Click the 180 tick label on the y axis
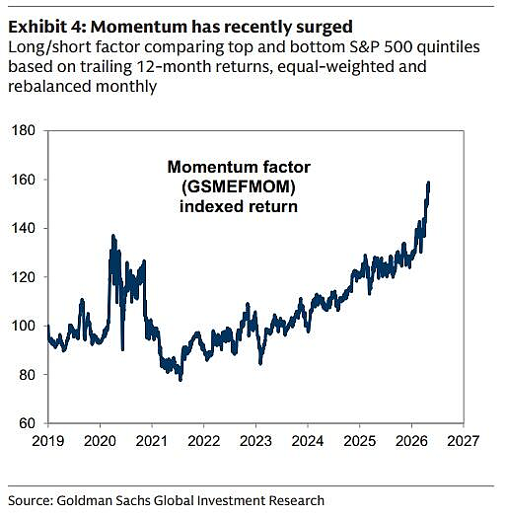tap(23, 130)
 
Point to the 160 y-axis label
tap(23, 180)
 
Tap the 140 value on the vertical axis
tap(23, 228)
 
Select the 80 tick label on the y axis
tap(27, 375)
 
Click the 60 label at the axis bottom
tap(27, 423)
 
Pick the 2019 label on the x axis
tap(48, 441)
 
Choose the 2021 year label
tap(152, 441)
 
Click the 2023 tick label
tap(255, 441)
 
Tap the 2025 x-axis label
tap(360, 441)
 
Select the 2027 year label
tap(464, 441)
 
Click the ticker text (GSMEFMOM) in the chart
tap(239, 186)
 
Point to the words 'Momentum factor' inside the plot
tap(239, 167)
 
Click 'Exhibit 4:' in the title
tap(47, 27)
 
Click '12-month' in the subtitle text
tap(174, 67)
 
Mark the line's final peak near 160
tap(428, 182)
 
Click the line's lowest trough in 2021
tap(181, 380)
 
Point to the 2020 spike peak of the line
tap(113, 236)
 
